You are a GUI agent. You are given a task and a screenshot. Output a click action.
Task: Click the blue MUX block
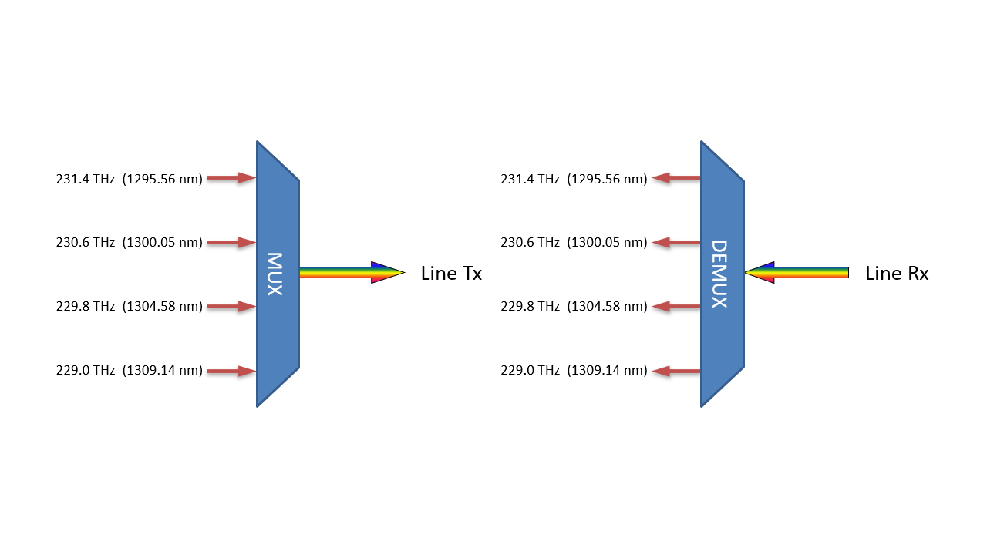[278, 274]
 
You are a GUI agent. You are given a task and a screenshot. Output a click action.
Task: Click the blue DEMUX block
[722, 274]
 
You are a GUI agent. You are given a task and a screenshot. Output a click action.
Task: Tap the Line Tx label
[451, 273]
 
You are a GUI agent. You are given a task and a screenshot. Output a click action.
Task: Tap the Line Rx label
[896, 273]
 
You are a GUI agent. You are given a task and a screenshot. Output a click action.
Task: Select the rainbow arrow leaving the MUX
[351, 272]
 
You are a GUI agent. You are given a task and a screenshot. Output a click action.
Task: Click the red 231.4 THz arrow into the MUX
[231, 178]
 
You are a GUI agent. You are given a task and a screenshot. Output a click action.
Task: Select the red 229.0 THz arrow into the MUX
[231, 371]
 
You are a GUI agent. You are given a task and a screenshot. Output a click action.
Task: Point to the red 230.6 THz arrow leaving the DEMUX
[676, 242]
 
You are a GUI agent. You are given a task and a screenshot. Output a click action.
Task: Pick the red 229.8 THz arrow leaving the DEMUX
[676, 307]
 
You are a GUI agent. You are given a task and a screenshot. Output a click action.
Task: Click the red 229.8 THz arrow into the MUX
[231, 307]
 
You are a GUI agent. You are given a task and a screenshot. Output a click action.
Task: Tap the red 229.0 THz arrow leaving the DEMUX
[676, 371]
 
